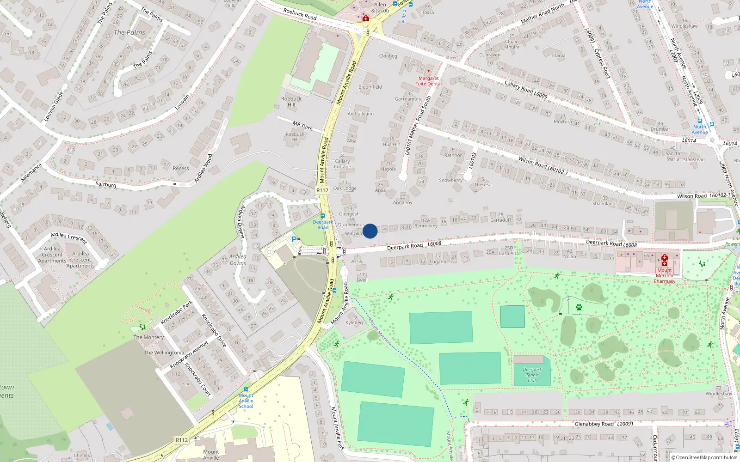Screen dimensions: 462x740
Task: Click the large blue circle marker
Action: [370, 231]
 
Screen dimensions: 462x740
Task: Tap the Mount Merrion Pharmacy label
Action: [665, 276]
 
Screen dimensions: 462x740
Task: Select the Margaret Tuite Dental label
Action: [428, 81]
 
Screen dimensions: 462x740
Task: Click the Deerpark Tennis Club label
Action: [532, 375]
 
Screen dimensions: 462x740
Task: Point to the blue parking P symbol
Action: [294, 239]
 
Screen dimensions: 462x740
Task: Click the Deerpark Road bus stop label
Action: [323, 225]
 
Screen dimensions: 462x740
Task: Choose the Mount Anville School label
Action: [246, 401]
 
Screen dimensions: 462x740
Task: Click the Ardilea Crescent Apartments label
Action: [52, 255]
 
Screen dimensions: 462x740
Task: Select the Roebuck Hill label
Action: [291, 101]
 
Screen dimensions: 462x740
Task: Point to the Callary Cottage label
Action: [343, 164]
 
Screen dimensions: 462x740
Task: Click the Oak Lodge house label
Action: [345, 188]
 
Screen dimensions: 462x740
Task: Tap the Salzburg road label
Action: [106, 184]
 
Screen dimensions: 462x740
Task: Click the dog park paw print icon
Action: [579, 307]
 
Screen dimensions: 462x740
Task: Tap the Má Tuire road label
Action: [302, 125]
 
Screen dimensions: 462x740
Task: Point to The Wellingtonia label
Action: [164, 353]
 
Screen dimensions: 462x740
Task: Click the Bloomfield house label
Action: [370, 87]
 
